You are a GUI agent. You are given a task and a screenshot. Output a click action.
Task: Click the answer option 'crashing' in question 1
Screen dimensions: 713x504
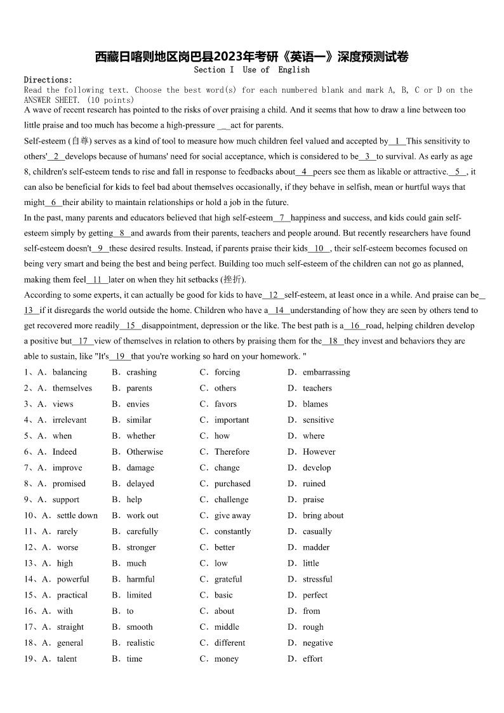click(141, 373)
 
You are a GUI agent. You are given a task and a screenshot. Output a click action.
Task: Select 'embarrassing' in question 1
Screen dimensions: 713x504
click(326, 373)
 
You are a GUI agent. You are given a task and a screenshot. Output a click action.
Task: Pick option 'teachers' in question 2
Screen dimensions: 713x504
click(317, 389)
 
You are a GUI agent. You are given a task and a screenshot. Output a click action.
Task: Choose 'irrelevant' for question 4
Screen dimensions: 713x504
click(69, 420)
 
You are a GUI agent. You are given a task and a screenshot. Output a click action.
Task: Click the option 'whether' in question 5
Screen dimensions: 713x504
click(140, 436)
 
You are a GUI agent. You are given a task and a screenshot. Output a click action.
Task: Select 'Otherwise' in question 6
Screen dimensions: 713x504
click(145, 452)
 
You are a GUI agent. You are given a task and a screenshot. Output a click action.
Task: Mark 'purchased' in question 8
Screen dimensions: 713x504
click(232, 484)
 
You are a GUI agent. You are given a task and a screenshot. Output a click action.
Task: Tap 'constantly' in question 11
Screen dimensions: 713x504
click(232, 531)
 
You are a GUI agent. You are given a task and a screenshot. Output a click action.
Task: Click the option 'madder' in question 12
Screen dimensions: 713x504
click(316, 547)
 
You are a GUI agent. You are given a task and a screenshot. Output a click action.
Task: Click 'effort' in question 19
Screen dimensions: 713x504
click(312, 658)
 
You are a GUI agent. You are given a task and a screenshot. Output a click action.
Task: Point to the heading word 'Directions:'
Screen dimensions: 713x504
click(48, 80)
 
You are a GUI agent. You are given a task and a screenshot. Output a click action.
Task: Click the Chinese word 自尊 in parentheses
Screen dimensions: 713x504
click(80, 141)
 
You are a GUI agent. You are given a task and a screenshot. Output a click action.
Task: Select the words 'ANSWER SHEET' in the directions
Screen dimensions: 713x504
click(53, 100)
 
